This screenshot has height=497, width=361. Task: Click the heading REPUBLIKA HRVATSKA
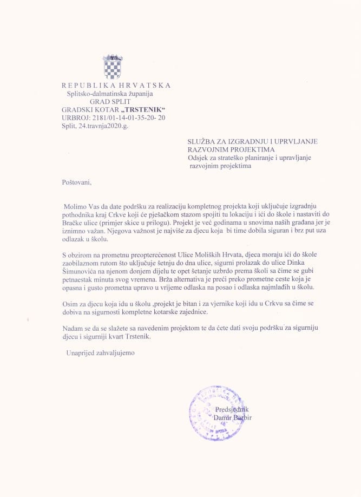(116, 85)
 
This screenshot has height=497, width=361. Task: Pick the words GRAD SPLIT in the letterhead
(108, 101)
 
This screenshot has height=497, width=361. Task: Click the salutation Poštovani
(77, 182)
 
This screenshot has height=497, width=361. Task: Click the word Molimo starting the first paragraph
(74, 207)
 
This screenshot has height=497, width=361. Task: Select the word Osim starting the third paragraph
(70, 304)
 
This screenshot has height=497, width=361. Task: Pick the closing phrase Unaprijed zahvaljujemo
(99, 352)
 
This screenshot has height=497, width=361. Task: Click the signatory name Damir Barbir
(233, 417)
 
